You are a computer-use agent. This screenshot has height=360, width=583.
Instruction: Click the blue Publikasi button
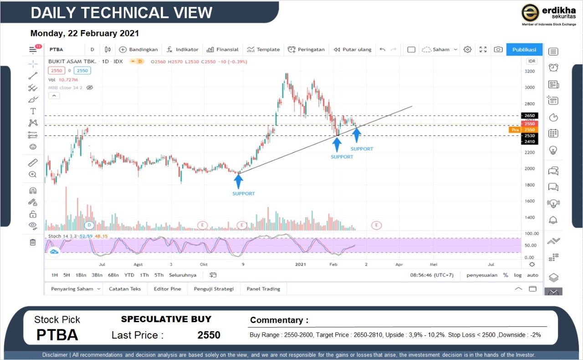coord(524,50)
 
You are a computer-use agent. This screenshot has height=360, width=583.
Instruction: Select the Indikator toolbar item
coord(182,50)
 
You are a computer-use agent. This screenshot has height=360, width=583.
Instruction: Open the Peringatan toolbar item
coord(306,50)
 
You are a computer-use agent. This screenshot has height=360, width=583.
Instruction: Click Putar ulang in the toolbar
coord(353,50)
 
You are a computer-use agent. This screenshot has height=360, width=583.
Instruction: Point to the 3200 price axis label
coord(529,72)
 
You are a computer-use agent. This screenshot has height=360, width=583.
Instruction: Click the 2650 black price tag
coord(529,116)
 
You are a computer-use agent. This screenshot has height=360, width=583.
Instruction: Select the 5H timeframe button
coord(66,275)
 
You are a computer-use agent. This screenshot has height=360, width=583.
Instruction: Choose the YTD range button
coord(129,275)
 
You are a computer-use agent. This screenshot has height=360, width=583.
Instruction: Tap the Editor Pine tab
coord(168,289)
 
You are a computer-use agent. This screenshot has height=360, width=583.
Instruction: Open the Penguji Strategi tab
coord(214,289)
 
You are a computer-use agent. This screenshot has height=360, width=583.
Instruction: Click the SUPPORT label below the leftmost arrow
coord(244,194)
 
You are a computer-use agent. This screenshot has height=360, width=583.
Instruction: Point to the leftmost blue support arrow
coord(239,181)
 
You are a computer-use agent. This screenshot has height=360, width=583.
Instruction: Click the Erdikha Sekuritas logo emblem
coord(530,13)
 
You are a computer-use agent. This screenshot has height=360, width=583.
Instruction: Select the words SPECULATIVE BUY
coord(166,319)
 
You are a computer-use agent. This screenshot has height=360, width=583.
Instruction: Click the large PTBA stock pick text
coord(57,335)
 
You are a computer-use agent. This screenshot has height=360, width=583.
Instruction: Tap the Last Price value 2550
coord(209,335)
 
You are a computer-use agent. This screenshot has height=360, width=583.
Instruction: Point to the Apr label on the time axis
coord(399,264)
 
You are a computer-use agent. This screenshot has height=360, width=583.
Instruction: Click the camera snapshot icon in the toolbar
coord(498,50)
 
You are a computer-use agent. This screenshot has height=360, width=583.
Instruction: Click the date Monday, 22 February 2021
coord(85,33)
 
